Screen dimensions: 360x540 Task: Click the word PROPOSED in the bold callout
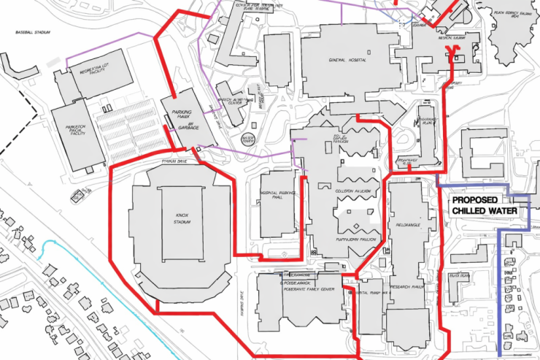coord(474,200)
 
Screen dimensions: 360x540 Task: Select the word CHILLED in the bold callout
coord(475,211)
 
